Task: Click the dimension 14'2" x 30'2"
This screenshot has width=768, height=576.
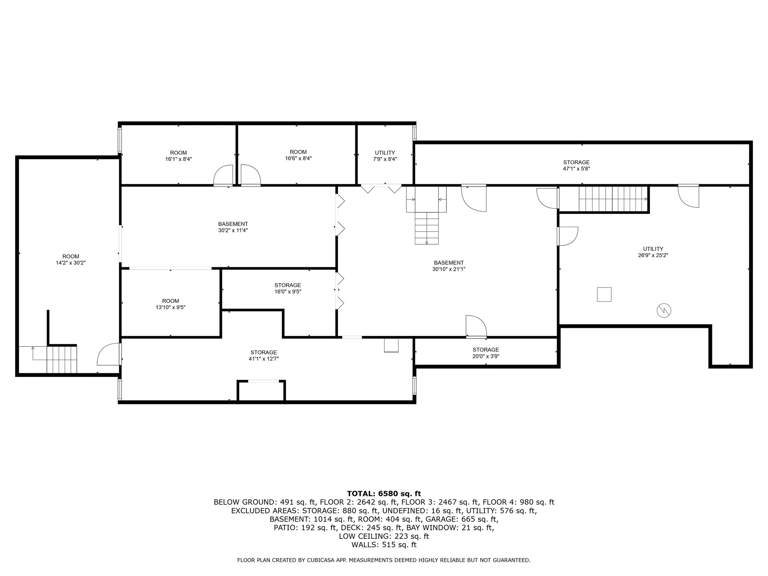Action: (x=71, y=263)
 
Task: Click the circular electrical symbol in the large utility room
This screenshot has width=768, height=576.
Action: (x=664, y=310)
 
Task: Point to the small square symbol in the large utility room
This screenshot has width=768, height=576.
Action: (x=604, y=294)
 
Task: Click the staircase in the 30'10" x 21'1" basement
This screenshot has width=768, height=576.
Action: (x=426, y=227)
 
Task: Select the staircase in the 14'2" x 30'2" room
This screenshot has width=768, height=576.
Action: (x=61, y=359)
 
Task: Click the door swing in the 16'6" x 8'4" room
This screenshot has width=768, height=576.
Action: (x=250, y=176)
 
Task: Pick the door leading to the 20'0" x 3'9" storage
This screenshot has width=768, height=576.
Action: (x=476, y=326)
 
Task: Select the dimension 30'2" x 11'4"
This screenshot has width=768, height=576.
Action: (x=233, y=230)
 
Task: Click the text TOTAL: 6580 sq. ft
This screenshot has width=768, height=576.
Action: (x=384, y=494)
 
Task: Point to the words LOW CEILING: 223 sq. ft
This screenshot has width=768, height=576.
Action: (x=384, y=536)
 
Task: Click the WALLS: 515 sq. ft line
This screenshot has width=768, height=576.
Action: (x=384, y=545)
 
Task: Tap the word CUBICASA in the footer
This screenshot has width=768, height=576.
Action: (x=318, y=560)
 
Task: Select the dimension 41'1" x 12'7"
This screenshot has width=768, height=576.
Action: (x=264, y=359)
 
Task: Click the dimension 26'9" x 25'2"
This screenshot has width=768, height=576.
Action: (x=653, y=255)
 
